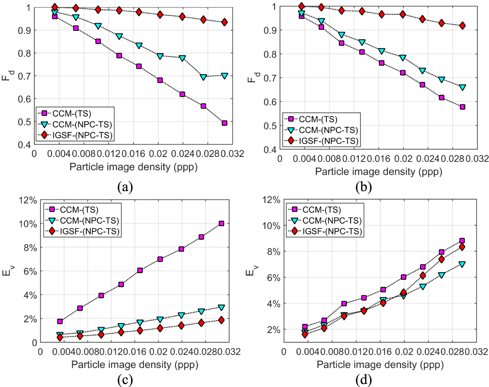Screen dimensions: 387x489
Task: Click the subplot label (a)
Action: tap(125, 187)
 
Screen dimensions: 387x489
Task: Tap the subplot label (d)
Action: tap(364, 380)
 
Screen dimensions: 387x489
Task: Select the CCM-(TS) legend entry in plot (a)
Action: tap(72, 113)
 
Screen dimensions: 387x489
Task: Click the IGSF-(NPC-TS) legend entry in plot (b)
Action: tap(328, 141)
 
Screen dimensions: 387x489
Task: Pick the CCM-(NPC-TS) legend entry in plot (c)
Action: tap(89, 221)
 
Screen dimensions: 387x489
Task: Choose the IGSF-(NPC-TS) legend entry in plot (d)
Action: tap(332, 231)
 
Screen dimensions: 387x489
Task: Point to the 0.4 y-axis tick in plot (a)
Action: tap(24, 145)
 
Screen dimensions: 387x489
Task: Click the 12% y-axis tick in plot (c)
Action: tap(28, 200)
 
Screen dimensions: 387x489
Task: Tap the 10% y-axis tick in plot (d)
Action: tap(271, 226)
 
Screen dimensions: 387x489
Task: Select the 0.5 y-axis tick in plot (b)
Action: tap(270, 126)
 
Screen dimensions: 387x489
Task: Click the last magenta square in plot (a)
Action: tap(224, 123)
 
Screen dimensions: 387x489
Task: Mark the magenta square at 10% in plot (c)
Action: tap(221, 223)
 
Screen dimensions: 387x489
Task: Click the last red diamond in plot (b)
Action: tap(462, 26)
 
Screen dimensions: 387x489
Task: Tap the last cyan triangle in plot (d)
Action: tap(462, 264)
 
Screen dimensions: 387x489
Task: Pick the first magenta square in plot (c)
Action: tap(60, 321)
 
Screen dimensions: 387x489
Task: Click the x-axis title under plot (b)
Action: tap(379, 172)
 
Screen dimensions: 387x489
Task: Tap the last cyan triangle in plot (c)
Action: tap(221, 307)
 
